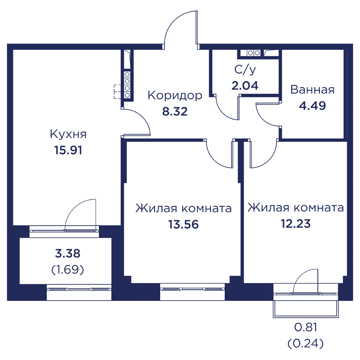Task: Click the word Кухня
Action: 68,134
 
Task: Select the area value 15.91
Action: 68,150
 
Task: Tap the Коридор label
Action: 175,95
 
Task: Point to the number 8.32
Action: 175,111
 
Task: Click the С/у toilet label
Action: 245,69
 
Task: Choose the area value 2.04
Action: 245,85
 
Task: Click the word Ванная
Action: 312,90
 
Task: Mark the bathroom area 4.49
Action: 312,105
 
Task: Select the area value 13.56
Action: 184,224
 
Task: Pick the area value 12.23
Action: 296,224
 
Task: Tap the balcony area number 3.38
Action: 68,253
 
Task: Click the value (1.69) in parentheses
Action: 68,270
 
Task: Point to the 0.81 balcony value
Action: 306,327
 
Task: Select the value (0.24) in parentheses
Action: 306,343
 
